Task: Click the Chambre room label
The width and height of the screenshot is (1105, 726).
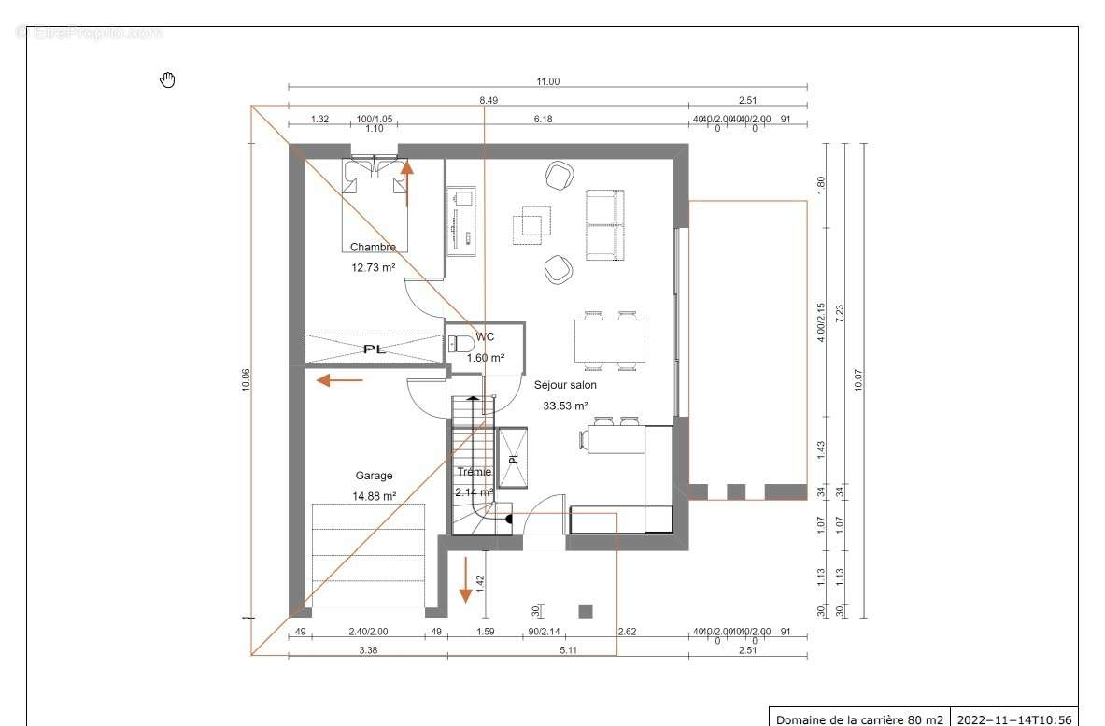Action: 373,248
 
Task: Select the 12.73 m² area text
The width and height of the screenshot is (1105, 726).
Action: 373,267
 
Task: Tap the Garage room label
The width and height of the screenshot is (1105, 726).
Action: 374,476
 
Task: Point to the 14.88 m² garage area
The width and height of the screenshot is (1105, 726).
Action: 374,497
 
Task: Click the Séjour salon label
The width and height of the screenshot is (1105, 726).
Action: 565,385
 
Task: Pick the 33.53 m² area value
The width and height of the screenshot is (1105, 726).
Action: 565,406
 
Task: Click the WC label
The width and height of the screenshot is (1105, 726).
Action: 485,336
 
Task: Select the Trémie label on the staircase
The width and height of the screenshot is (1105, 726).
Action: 474,472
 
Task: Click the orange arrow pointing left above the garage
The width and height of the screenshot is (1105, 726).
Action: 339,380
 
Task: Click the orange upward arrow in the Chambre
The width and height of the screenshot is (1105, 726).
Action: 406,180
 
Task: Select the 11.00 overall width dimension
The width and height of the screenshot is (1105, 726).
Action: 547,82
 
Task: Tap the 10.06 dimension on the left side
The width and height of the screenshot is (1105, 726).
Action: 246,379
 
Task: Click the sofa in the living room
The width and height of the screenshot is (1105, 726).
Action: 603,225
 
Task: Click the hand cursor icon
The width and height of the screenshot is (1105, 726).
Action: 167,79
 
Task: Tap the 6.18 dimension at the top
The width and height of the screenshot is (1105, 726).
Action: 543,120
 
